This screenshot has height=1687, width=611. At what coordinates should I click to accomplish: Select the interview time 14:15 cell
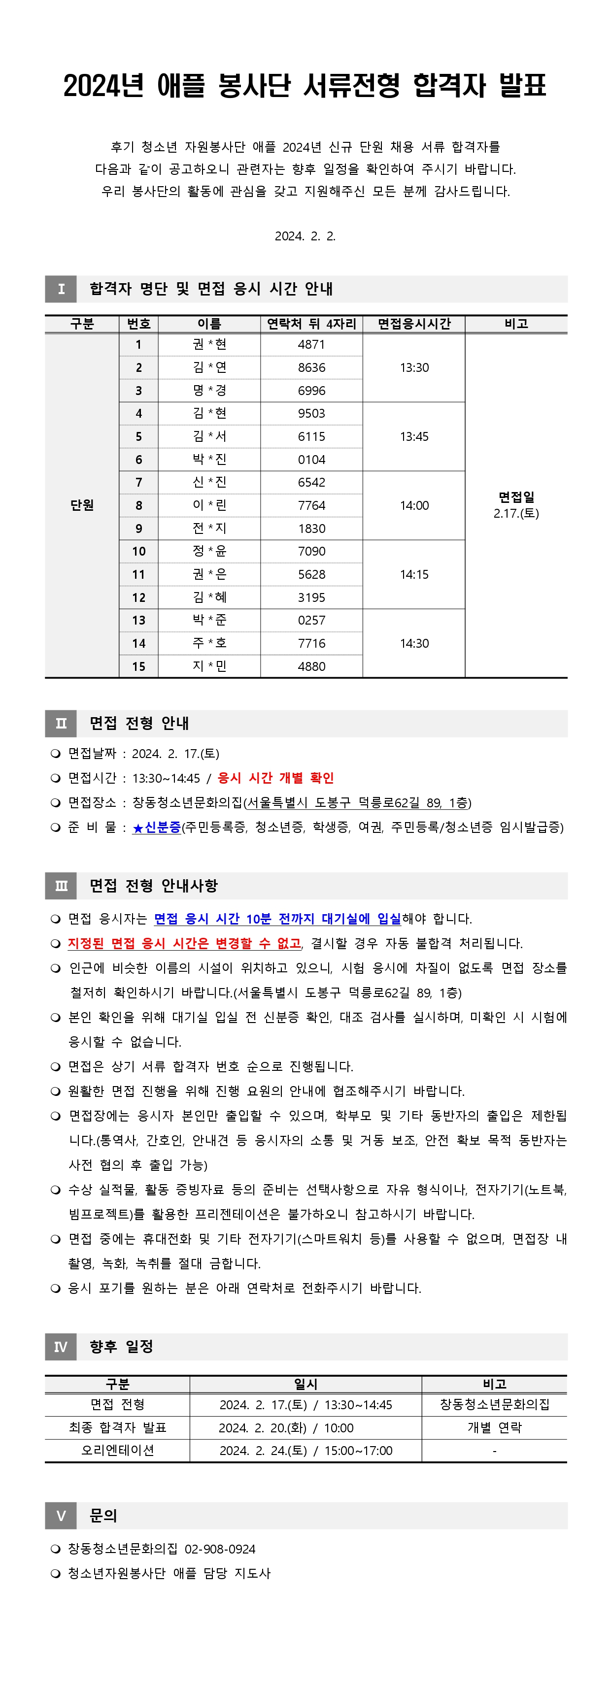(x=414, y=574)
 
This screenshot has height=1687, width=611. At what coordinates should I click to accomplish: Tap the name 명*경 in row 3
(x=209, y=390)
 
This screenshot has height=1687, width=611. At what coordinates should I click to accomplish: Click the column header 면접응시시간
(x=414, y=324)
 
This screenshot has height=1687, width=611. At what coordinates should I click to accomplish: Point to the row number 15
(x=139, y=666)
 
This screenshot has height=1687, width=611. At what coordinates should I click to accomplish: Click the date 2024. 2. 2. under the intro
(x=305, y=236)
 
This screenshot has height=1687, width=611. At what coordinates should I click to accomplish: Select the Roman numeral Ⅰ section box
(x=61, y=289)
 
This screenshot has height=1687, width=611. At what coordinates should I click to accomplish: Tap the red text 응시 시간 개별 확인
(x=276, y=778)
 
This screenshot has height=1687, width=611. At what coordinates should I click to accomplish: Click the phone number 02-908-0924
(x=220, y=1549)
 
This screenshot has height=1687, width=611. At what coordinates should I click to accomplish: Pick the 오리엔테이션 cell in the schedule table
(x=117, y=1450)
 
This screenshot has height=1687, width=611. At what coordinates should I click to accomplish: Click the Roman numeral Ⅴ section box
(x=61, y=1516)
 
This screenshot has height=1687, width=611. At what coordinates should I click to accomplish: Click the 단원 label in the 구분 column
(x=82, y=505)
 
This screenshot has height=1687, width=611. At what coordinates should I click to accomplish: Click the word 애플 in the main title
(x=181, y=86)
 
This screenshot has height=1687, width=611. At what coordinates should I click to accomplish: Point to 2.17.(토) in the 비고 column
(x=516, y=513)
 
